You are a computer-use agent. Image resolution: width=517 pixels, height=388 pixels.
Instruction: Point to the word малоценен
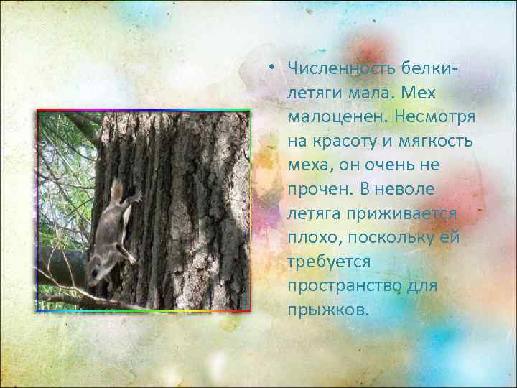click(330, 116)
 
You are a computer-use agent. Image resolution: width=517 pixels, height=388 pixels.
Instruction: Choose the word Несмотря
click(430, 116)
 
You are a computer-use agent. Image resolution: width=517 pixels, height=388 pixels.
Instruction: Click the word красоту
click(343, 141)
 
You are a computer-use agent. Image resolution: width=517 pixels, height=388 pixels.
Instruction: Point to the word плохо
click(311, 239)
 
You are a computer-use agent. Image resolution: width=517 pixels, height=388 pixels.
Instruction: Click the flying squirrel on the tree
click(111, 230)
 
